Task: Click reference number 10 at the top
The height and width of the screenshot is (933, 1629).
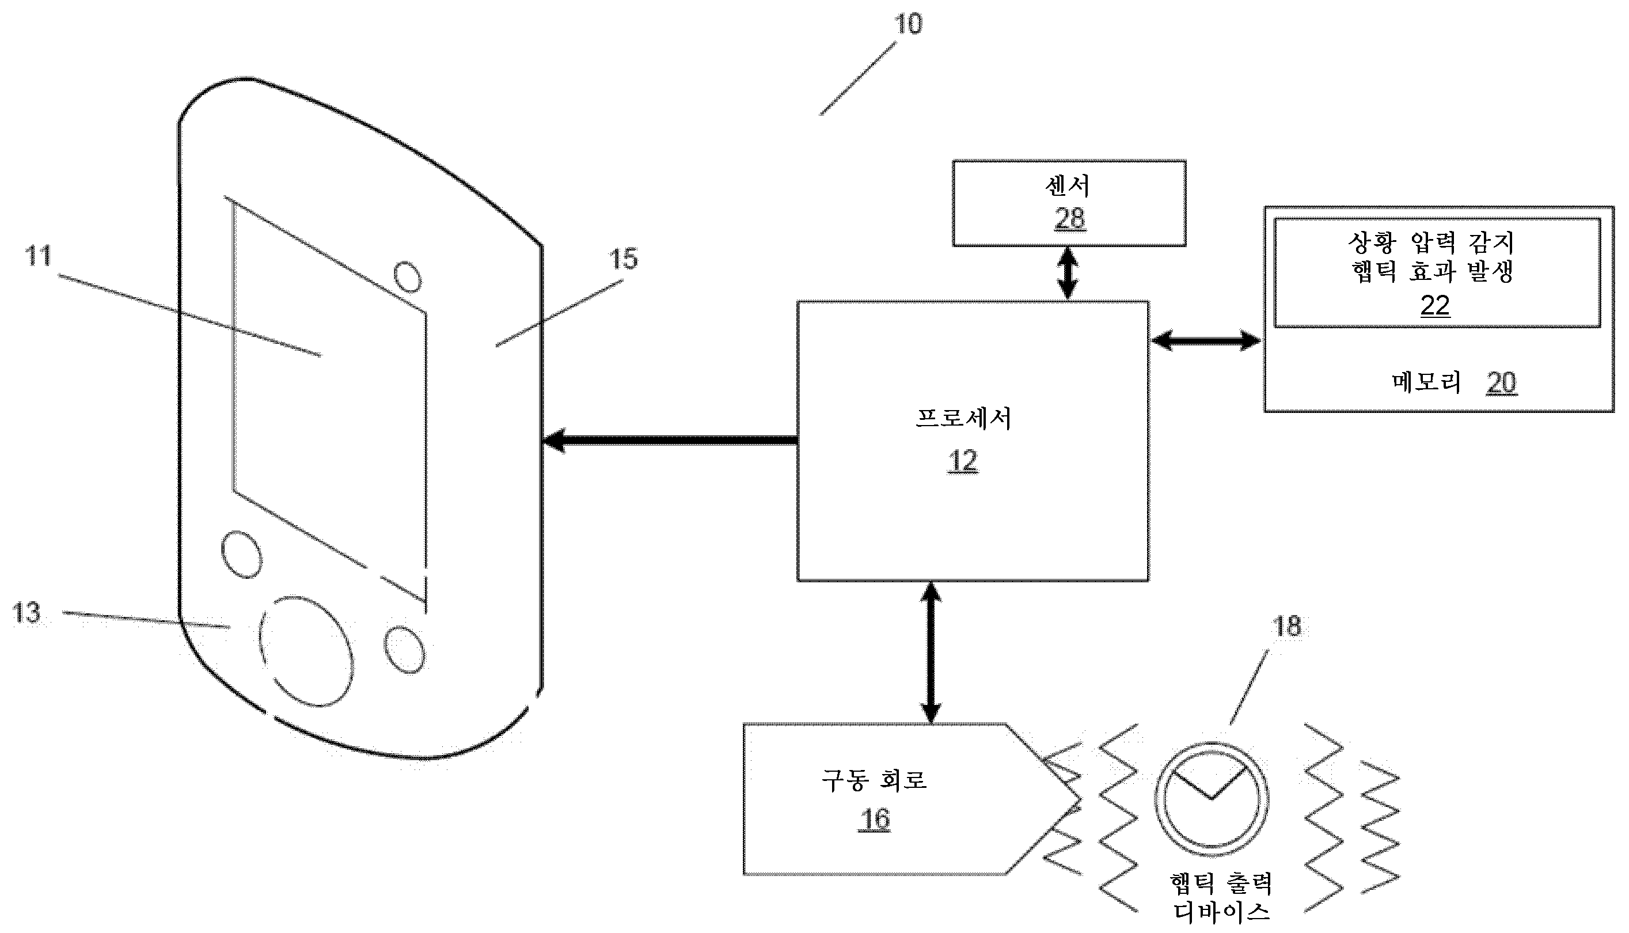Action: coord(907,24)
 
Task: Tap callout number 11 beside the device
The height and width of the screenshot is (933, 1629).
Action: coord(38,256)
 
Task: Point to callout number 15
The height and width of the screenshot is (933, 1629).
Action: coord(622,259)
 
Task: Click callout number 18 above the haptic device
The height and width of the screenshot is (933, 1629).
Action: coord(1286,627)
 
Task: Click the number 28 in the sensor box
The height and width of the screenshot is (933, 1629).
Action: coord(1069,219)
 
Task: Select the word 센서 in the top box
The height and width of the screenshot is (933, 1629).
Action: coord(1067,186)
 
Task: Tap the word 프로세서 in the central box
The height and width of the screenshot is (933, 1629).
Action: coord(963,419)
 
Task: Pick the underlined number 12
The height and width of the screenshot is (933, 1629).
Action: coord(962,461)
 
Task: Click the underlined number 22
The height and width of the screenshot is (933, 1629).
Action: coord(1434,306)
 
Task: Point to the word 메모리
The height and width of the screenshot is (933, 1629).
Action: coord(1426,382)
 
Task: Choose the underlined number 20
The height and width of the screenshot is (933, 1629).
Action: coord(1501,383)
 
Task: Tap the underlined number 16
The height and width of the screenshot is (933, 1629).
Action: coord(875,820)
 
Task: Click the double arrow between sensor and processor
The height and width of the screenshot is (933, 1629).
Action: coord(1067,274)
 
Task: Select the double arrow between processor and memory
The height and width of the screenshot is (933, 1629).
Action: coord(1206,340)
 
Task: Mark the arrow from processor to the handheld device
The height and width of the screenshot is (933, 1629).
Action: coord(670,441)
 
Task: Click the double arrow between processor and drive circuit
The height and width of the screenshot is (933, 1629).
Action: coord(930,653)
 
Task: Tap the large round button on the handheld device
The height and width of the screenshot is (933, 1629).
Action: coord(306,652)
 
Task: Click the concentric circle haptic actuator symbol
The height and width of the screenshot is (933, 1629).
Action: coord(1212,799)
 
